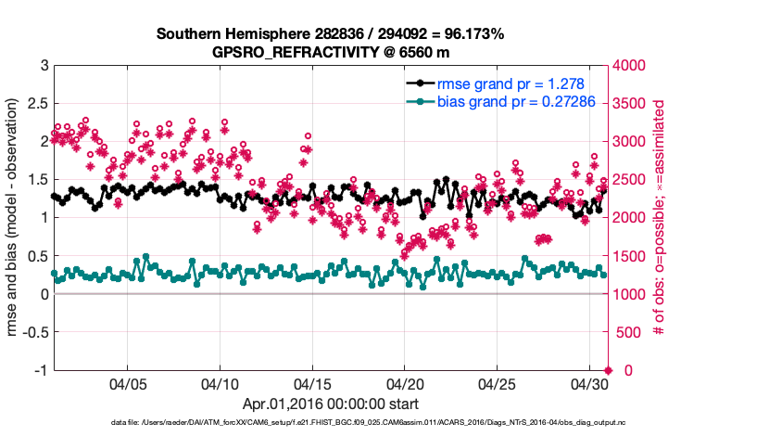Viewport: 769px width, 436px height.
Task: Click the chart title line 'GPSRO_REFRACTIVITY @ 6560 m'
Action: (x=330, y=52)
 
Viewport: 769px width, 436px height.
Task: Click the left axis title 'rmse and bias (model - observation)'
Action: (x=15, y=218)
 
